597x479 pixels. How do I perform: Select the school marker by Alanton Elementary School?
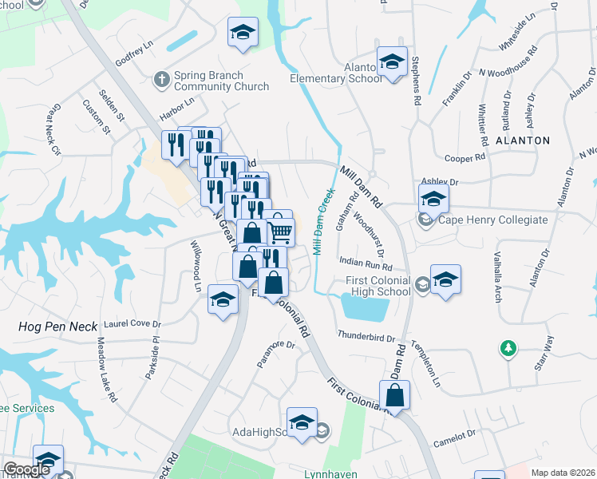(393, 62)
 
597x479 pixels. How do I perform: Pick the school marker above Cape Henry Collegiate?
(433, 198)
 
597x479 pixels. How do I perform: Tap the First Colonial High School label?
(378, 286)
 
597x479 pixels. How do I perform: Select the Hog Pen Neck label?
(57, 327)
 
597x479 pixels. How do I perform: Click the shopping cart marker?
(280, 232)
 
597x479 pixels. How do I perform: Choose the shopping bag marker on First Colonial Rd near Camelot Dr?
(394, 395)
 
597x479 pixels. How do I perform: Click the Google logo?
(27, 469)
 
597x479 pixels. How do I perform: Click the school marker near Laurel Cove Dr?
(223, 300)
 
